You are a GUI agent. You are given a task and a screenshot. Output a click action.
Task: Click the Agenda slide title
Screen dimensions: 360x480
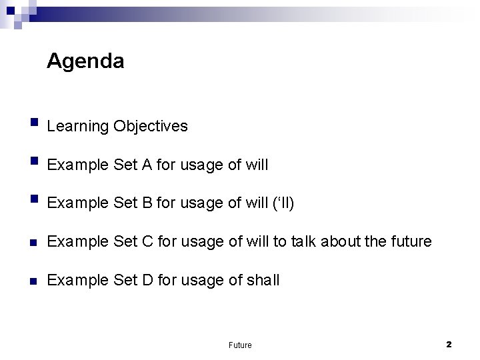[x=85, y=62]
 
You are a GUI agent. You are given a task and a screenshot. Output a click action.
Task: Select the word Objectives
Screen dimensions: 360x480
[x=151, y=126]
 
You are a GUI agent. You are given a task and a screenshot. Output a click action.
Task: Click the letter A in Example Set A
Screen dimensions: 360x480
[x=147, y=165]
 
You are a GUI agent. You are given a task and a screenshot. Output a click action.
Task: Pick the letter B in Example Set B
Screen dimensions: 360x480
[x=147, y=203]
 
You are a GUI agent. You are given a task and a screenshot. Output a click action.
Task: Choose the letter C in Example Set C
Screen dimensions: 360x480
[x=148, y=241]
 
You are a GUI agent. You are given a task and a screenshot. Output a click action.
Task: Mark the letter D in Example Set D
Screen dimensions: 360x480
[x=148, y=280]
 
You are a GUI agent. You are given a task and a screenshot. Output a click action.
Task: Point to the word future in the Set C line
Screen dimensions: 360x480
[x=412, y=241]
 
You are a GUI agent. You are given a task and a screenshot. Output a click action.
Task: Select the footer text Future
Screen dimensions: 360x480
[x=240, y=345]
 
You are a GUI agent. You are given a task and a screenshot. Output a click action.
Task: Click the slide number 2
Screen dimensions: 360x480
[x=449, y=344]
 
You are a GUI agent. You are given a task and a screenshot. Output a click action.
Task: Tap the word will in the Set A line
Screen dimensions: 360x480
[x=256, y=165]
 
